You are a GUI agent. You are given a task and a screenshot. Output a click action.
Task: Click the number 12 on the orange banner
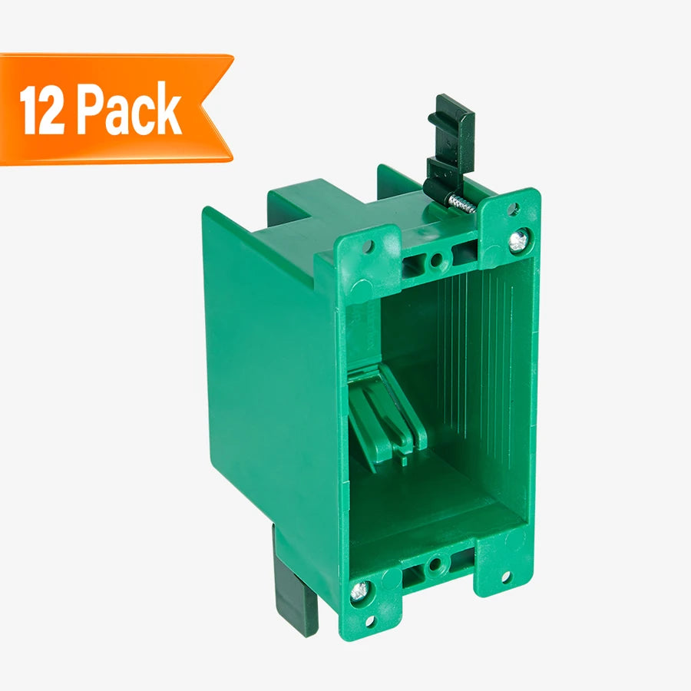pos(42,110)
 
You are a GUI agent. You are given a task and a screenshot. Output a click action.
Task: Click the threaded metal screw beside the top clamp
pos(462,204)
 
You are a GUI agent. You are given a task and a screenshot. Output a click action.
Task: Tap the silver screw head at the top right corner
pos(518,240)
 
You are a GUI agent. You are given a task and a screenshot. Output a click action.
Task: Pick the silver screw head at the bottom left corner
pos(361,591)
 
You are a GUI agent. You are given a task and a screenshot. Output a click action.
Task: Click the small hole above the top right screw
pos(513,208)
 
